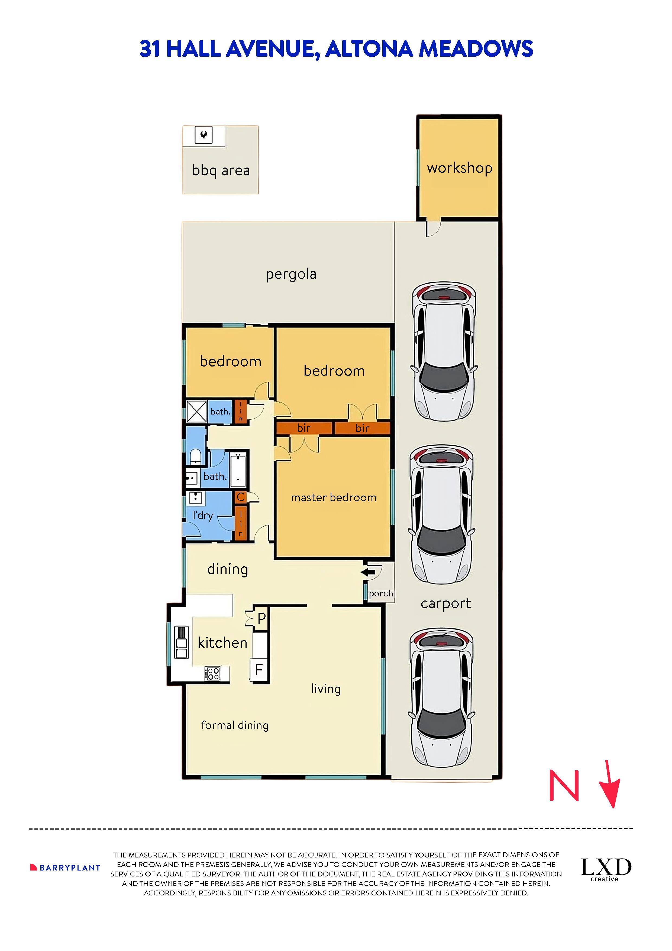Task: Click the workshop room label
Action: [x=459, y=168]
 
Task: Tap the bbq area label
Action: [x=221, y=170]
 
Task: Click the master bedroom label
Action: [x=333, y=497]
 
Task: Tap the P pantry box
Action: [x=261, y=618]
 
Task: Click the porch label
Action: [x=380, y=593]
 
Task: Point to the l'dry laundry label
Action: [x=203, y=516]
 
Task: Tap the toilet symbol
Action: [x=195, y=457]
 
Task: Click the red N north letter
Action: [x=564, y=785]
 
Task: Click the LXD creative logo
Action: [x=606, y=869]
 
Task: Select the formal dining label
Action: [x=234, y=725]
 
